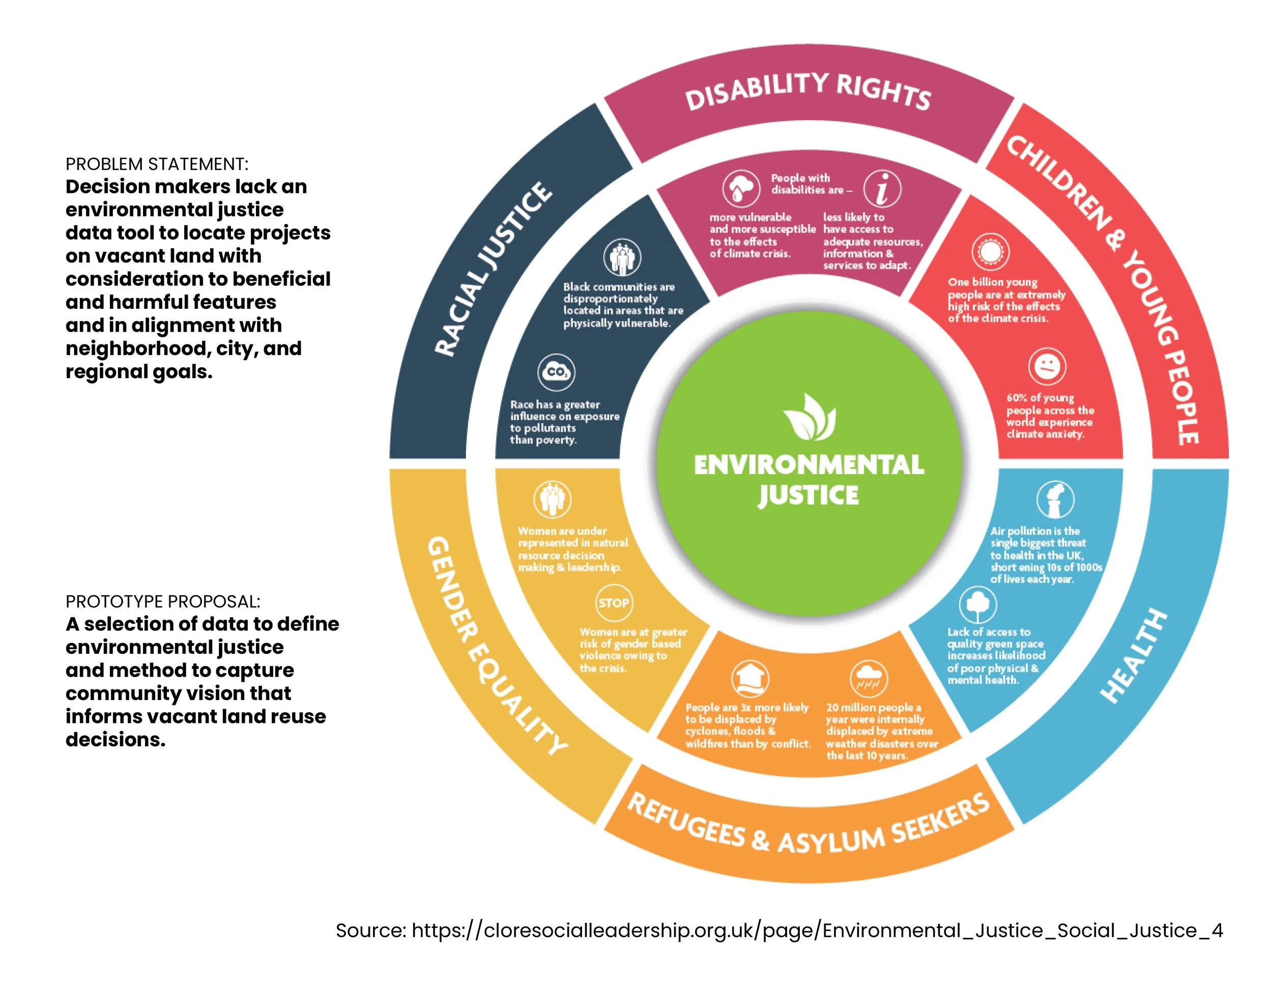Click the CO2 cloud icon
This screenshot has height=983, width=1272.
(556, 372)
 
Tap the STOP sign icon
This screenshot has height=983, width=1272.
(614, 603)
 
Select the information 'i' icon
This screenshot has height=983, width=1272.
(882, 189)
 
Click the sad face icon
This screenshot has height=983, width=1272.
(1047, 367)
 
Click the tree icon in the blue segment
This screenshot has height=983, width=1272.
(978, 604)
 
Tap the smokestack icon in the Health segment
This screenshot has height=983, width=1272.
(1055, 500)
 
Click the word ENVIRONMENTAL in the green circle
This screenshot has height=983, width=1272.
(808, 465)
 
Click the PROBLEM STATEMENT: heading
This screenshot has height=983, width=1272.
(157, 164)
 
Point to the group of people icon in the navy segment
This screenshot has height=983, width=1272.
(622, 257)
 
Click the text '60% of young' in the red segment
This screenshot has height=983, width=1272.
(1040, 398)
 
